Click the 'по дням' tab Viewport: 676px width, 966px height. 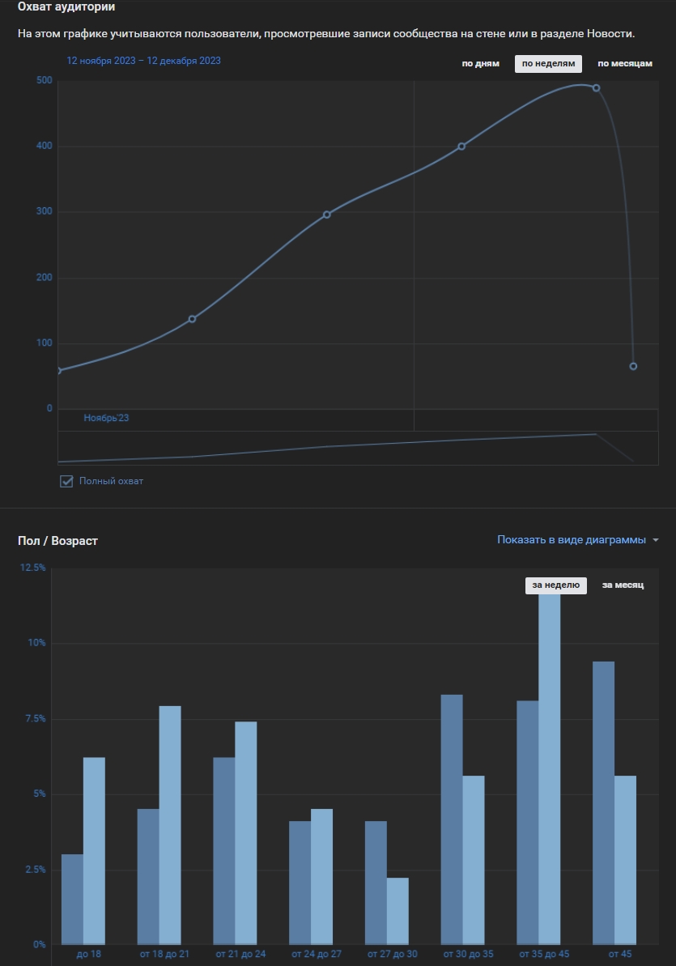[x=480, y=64]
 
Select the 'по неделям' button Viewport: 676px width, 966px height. [x=548, y=64]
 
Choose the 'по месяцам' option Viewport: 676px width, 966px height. [x=624, y=64]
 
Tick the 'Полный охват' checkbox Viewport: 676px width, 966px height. [x=66, y=481]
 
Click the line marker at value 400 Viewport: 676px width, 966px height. [x=461, y=147]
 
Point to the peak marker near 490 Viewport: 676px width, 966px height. [x=597, y=87]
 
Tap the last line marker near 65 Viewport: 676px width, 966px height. [x=633, y=366]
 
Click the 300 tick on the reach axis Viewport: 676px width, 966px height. [x=44, y=212]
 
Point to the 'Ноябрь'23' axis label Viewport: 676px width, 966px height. [x=106, y=419]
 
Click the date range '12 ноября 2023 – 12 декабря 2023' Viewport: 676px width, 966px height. [x=143, y=61]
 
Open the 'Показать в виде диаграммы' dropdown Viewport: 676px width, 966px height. [x=577, y=540]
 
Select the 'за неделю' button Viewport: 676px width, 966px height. [x=555, y=585]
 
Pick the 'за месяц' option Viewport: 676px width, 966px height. [x=623, y=585]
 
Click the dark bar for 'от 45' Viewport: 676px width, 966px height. [x=603, y=802]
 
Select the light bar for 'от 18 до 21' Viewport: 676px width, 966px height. [x=170, y=824]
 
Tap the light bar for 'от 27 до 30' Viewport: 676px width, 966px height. [x=398, y=911]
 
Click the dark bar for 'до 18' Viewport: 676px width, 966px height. [x=72, y=899]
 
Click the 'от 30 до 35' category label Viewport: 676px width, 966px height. [x=467, y=954]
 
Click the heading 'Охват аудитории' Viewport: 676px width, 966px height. [x=66, y=7]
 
